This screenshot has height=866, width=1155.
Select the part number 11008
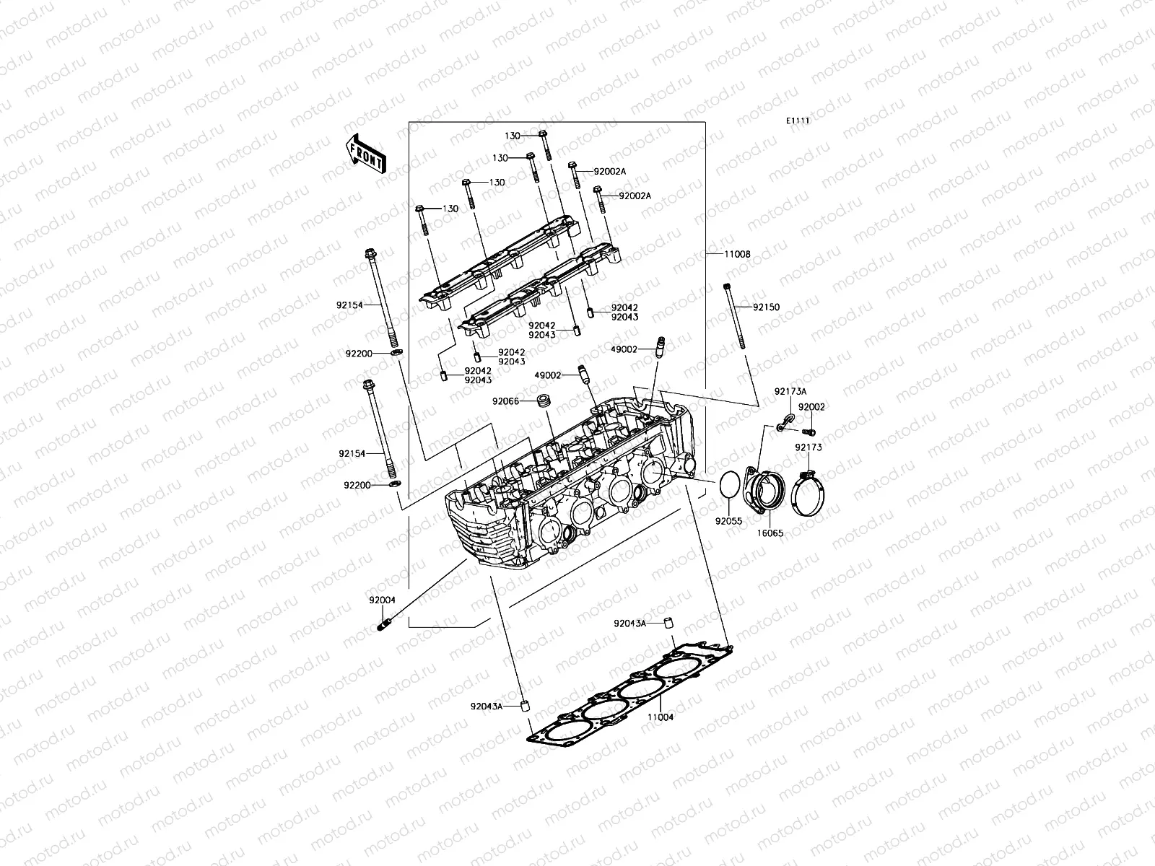[x=738, y=254]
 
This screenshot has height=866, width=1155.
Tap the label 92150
[x=766, y=307]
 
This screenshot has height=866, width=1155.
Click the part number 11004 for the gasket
[x=660, y=717]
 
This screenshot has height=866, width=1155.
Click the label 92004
[x=382, y=599]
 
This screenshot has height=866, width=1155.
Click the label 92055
[x=729, y=520]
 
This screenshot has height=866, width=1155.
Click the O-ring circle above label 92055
[x=731, y=484]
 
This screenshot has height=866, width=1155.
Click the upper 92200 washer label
[x=358, y=354]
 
